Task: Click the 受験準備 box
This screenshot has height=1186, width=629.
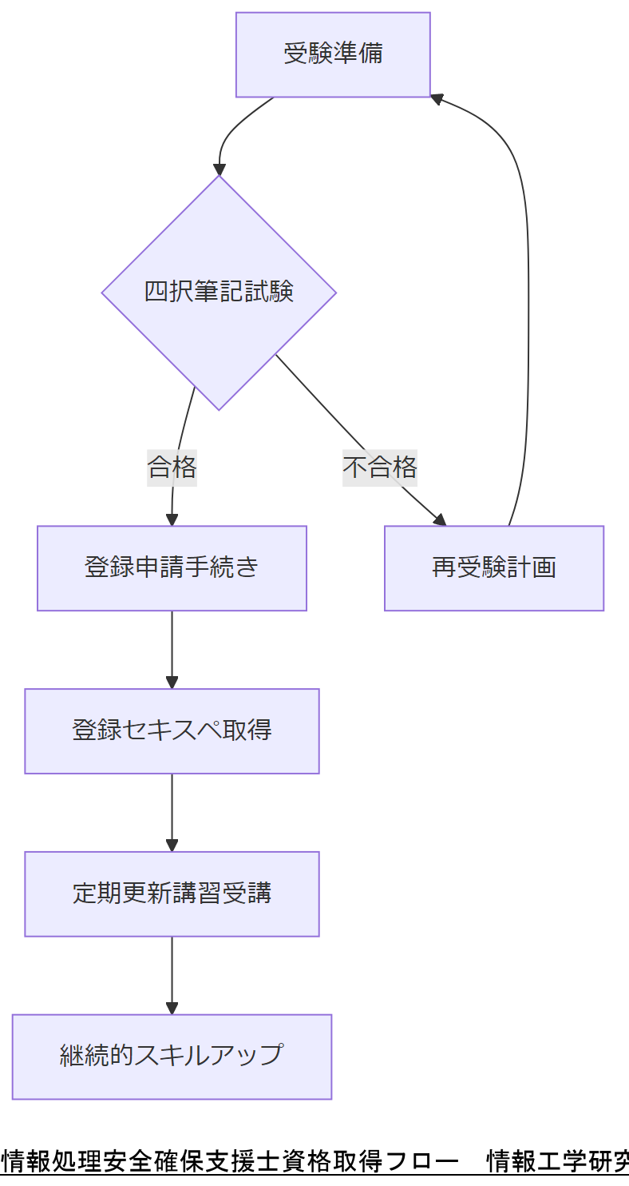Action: pyautogui.click(x=333, y=54)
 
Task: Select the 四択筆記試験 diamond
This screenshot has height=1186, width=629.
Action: pyautogui.click(x=219, y=293)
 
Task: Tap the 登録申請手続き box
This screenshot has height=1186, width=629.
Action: pyautogui.click(x=172, y=568)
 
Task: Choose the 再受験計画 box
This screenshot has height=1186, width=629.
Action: pyautogui.click(x=493, y=568)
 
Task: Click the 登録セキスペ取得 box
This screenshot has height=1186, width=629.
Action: pyautogui.click(x=172, y=731)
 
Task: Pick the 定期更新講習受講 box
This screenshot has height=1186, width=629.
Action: pyautogui.click(x=172, y=893)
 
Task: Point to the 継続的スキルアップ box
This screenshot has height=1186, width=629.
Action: pyautogui.click(x=172, y=1057)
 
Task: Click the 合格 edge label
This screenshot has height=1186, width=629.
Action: pyautogui.click(x=172, y=467)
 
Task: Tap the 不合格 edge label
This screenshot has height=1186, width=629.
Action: pyautogui.click(x=380, y=467)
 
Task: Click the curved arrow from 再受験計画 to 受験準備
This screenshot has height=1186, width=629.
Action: pyautogui.click(x=528, y=320)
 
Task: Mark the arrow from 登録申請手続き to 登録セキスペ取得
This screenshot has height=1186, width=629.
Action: pyautogui.click(x=172, y=647)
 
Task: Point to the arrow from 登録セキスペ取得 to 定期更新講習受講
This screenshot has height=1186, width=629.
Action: pyautogui.click(x=172, y=810)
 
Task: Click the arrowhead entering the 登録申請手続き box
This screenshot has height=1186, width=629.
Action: pyautogui.click(x=172, y=519)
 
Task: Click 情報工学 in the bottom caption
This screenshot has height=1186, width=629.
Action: pyautogui.click(x=535, y=1161)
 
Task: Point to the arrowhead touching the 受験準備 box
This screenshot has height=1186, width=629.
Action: pyautogui.click(x=437, y=98)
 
